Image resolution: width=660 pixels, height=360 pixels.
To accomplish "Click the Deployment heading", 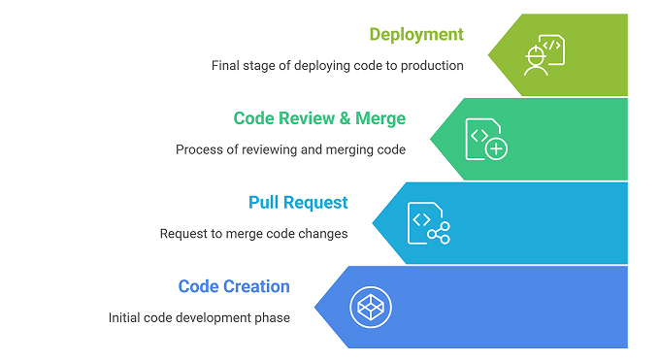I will point(416,35).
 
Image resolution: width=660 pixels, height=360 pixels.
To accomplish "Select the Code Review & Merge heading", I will point(319,118).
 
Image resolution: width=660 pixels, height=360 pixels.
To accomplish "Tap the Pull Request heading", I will point(298,203).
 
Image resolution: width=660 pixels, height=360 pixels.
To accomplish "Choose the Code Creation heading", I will point(234,286).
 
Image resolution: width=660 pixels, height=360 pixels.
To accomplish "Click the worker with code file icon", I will point(544,54).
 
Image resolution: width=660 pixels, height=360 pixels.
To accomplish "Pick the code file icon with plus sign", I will point(486,139).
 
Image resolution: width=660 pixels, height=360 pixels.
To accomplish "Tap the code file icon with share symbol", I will point(428,223).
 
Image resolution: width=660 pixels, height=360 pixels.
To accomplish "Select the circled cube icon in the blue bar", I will point(369,307).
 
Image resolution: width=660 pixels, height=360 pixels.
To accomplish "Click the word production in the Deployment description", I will point(429,66).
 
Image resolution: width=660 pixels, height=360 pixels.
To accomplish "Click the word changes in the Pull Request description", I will point(323,234).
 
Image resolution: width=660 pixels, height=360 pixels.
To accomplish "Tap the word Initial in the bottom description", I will point(124,317).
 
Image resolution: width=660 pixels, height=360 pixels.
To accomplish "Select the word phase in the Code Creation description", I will point(271,317).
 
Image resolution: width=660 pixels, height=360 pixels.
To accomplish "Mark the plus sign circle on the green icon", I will point(497,148).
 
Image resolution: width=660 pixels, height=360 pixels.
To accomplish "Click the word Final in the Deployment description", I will point(227,66).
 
